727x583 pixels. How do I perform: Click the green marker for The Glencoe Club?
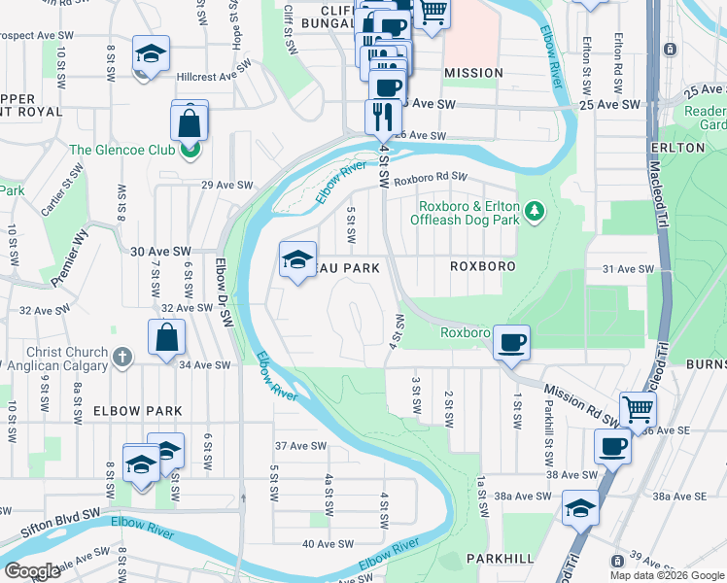click(x=191, y=150)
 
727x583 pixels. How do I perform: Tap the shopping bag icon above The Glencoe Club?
click(x=190, y=121)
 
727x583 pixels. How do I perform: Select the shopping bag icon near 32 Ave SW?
click(x=167, y=337)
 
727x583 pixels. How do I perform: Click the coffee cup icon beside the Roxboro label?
click(x=511, y=342)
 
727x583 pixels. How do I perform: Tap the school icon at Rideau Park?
click(x=297, y=258)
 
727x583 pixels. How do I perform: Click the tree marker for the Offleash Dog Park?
click(x=534, y=211)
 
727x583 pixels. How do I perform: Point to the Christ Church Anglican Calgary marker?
click(x=122, y=356)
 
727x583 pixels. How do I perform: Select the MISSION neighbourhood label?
click(x=473, y=73)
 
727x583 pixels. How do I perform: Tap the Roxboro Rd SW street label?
click(x=431, y=178)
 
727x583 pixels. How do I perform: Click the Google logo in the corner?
click(x=33, y=571)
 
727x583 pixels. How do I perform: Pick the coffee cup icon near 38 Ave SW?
click(x=612, y=447)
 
